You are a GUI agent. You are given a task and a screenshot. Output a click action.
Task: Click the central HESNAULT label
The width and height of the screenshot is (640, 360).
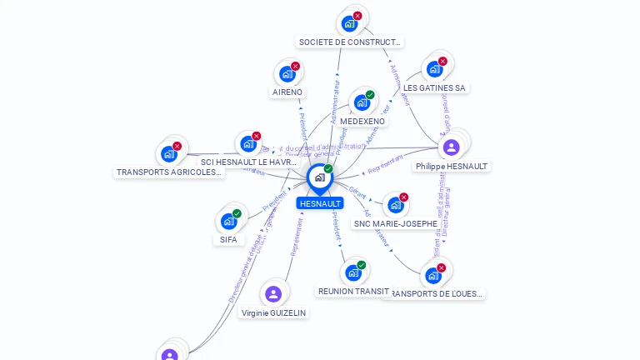(x=320, y=203)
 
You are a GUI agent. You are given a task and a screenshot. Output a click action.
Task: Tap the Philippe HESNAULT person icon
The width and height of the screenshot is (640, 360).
(x=451, y=147)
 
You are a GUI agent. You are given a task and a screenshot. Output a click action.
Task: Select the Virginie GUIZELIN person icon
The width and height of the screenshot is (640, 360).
(x=272, y=293)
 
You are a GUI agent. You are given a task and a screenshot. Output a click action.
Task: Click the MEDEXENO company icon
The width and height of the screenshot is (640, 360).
(x=361, y=102)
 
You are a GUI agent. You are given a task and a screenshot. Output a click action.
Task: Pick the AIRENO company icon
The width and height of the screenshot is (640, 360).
(x=287, y=74)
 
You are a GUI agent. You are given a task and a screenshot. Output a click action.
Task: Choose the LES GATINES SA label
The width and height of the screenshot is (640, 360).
(x=434, y=87)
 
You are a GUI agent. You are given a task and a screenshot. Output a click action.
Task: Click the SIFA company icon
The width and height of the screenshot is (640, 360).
(x=228, y=222)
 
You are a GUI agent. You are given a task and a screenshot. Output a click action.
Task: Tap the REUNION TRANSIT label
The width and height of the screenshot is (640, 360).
(x=353, y=291)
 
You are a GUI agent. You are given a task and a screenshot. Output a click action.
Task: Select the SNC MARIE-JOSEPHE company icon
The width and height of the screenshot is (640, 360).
(x=395, y=205)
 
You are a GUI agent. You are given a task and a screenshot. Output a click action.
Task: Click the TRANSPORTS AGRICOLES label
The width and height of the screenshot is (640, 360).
(x=170, y=172)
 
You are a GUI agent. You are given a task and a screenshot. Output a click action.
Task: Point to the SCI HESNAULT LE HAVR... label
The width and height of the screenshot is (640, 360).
(x=249, y=162)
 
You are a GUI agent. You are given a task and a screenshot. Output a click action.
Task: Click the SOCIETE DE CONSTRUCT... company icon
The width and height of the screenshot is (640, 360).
(x=349, y=23)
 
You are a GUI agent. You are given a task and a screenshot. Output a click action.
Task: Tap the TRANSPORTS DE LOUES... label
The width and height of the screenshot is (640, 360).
(x=434, y=293)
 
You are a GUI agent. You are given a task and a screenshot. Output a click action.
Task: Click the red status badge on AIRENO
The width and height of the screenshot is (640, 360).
(x=295, y=66)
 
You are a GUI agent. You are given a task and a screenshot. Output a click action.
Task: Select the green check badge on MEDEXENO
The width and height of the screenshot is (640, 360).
(x=370, y=94)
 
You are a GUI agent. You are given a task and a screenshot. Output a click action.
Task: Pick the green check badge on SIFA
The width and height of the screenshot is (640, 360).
(x=237, y=213)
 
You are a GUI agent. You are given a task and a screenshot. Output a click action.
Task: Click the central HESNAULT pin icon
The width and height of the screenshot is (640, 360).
(x=319, y=177)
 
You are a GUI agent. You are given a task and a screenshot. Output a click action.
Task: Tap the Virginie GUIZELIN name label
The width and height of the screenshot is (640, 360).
(x=273, y=312)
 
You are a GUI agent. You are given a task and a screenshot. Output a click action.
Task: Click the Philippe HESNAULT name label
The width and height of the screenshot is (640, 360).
(x=451, y=167)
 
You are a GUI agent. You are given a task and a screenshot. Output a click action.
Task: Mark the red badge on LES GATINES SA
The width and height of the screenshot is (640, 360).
(x=442, y=61)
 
